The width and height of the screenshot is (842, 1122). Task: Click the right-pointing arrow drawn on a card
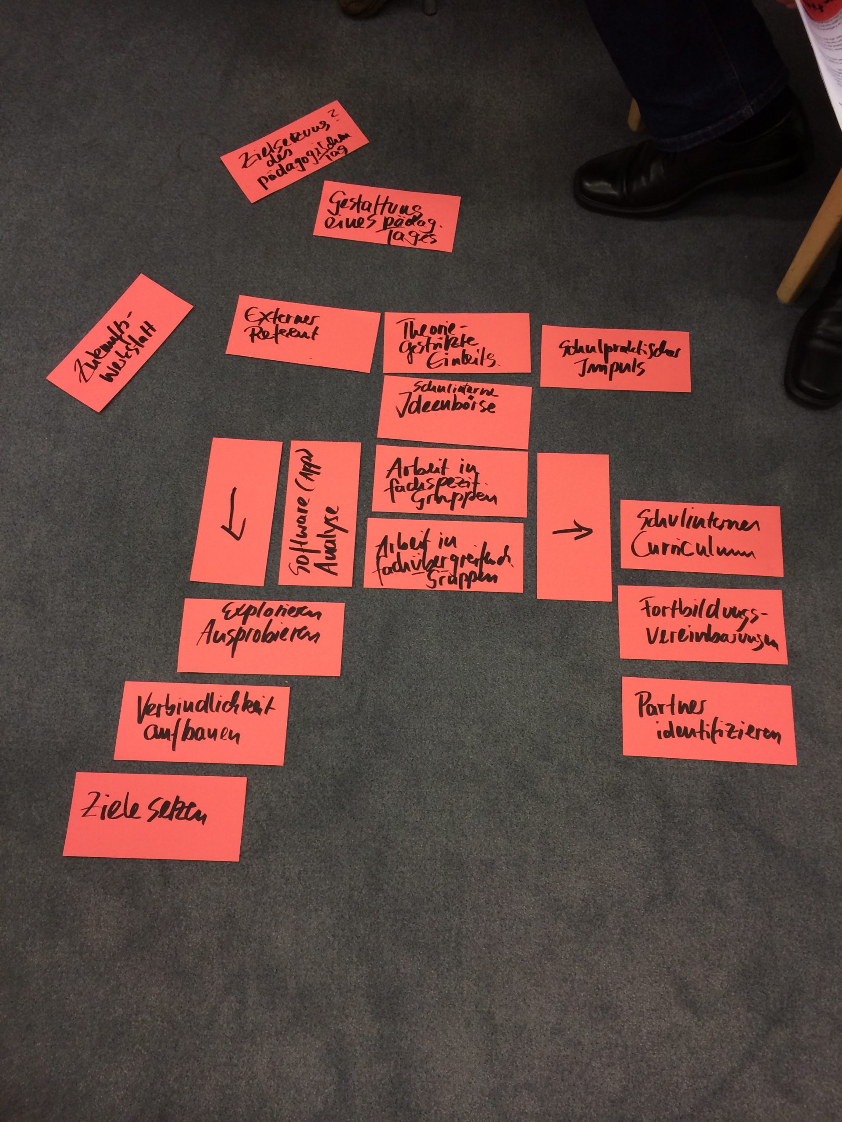(572, 531)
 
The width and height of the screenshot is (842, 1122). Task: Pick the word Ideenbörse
(446, 408)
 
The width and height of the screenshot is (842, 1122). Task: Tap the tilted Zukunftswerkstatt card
(120, 343)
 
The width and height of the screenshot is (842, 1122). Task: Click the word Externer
(281, 318)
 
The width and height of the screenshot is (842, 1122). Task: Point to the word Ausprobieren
(258, 636)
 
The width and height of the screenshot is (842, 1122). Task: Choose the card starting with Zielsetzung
(294, 158)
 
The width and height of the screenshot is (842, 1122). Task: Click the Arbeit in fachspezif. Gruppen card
(450, 481)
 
